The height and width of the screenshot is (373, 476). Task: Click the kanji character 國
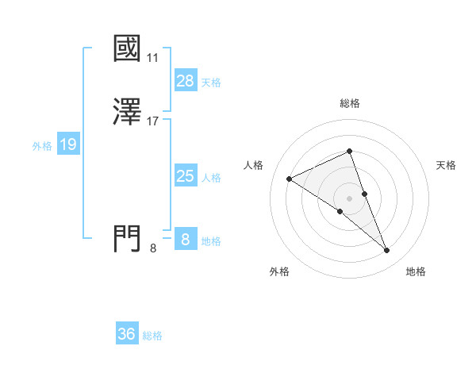[127, 48]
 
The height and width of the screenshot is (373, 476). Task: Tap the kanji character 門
[127, 238]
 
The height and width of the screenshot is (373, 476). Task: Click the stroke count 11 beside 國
[153, 58]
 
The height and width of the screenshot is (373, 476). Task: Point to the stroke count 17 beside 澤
[153, 121]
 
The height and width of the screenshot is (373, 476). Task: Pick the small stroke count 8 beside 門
[153, 248]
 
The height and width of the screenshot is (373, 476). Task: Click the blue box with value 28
[185, 81]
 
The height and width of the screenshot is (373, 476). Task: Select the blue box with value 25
[185, 176]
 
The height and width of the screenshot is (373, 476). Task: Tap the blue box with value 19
[67, 144]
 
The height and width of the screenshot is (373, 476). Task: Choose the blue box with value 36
[126, 334]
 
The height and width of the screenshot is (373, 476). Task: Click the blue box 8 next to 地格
[185, 240]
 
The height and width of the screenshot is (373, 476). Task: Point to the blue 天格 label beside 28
[211, 82]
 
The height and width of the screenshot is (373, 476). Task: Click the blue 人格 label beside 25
[211, 177]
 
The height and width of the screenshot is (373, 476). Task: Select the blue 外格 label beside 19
[42, 145]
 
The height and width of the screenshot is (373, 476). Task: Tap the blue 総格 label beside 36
[152, 335]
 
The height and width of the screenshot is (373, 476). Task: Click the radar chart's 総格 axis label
[350, 103]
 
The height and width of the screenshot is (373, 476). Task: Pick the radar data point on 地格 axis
[387, 251]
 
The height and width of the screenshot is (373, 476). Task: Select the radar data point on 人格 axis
[290, 179]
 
